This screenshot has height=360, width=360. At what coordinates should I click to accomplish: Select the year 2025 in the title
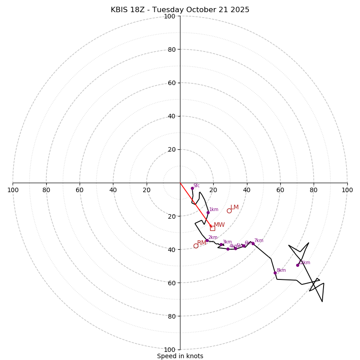[239, 10]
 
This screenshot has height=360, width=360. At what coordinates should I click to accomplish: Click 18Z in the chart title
[140, 10]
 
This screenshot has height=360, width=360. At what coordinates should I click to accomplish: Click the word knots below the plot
[194, 356]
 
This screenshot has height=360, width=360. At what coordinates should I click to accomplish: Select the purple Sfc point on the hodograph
[192, 188]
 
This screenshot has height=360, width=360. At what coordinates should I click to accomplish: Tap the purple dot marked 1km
[208, 212]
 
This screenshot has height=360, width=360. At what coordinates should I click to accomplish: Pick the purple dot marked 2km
[207, 240]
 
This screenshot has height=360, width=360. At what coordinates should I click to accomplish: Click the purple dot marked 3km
[221, 245]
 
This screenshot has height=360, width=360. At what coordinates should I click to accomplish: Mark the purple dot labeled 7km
[253, 243]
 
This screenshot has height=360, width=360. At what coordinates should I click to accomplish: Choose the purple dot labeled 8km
[275, 273]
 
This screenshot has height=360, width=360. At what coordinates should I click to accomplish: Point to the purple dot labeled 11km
[297, 265]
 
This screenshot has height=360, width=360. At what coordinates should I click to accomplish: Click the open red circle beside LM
[229, 211]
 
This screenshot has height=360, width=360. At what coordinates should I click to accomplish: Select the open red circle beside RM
[196, 246]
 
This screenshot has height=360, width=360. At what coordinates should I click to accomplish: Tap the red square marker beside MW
[212, 228]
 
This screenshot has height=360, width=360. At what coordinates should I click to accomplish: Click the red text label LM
[235, 207]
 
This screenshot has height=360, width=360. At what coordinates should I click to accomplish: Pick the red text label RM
[202, 243]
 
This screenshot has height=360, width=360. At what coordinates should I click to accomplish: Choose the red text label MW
[219, 225]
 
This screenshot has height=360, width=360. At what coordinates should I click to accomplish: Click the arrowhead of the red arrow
[211, 226]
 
